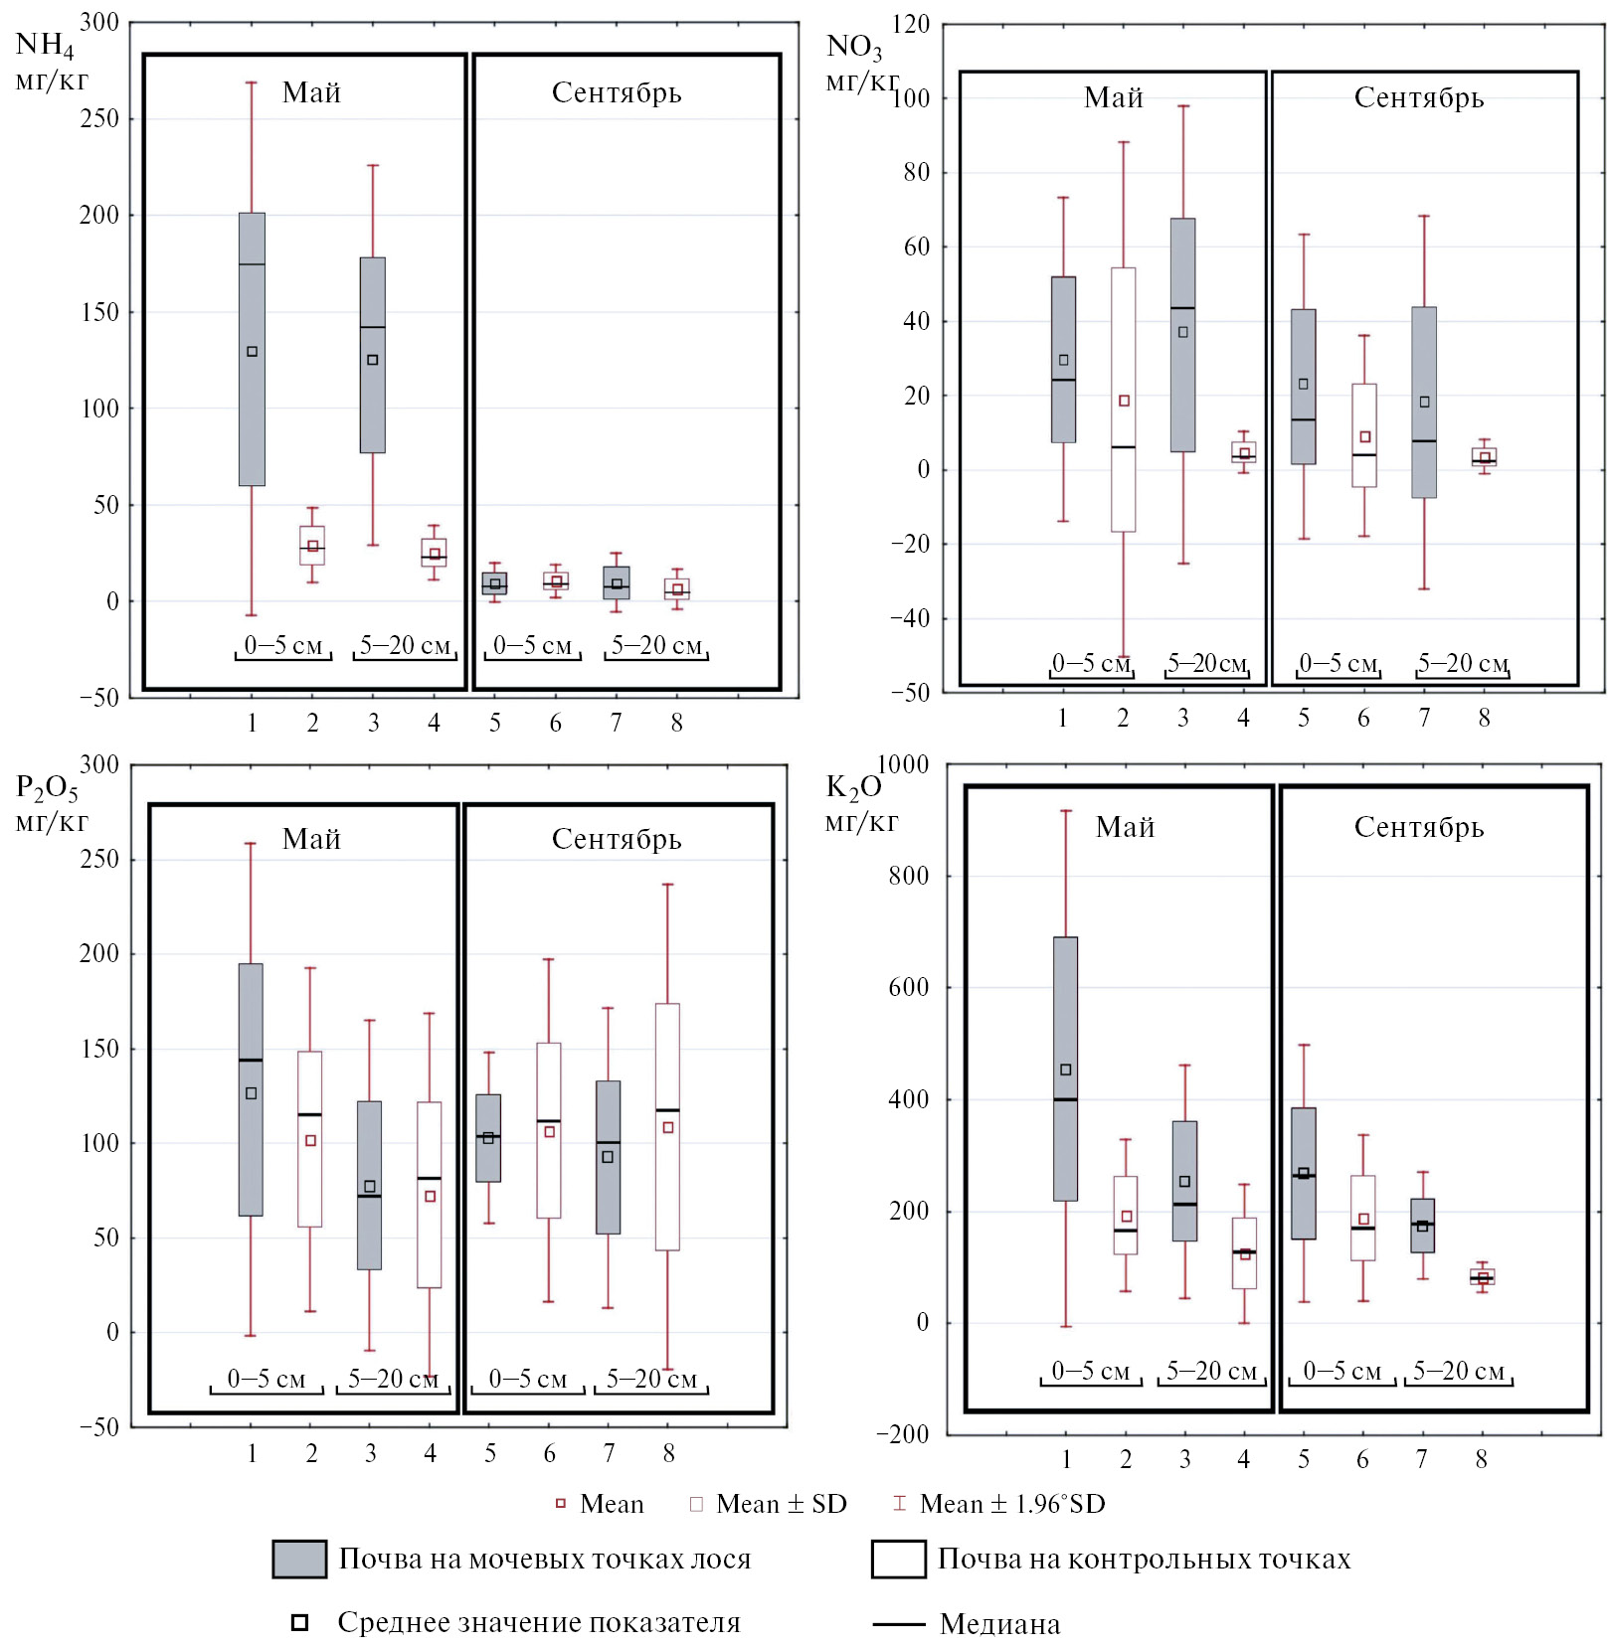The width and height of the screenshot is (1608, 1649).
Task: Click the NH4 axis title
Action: click(45, 45)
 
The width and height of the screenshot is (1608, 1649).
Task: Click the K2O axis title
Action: click(853, 787)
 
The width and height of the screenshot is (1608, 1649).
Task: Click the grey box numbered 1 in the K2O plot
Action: click(1065, 994)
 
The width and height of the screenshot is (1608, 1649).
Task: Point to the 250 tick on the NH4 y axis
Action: click(99, 118)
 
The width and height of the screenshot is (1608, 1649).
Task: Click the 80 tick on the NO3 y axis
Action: click(916, 172)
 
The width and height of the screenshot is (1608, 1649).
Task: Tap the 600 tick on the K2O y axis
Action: click(908, 987)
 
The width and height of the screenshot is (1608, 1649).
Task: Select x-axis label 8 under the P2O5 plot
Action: click(669, 1453)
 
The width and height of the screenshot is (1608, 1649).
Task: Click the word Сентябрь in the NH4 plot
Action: click(617, 92)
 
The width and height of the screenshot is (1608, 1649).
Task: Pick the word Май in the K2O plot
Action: click(1125, 827)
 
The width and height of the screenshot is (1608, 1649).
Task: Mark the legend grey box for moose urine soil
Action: click(299, 1559)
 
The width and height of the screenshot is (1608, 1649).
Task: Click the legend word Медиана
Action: click(999, 1624)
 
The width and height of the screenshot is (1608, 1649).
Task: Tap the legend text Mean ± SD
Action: click(781, 1504)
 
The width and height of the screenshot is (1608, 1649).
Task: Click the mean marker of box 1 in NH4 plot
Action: click(252, 351)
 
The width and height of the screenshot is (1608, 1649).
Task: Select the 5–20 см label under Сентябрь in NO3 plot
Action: click(1463, 663)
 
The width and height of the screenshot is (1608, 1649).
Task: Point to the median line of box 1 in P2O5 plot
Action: click(251, 1060)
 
